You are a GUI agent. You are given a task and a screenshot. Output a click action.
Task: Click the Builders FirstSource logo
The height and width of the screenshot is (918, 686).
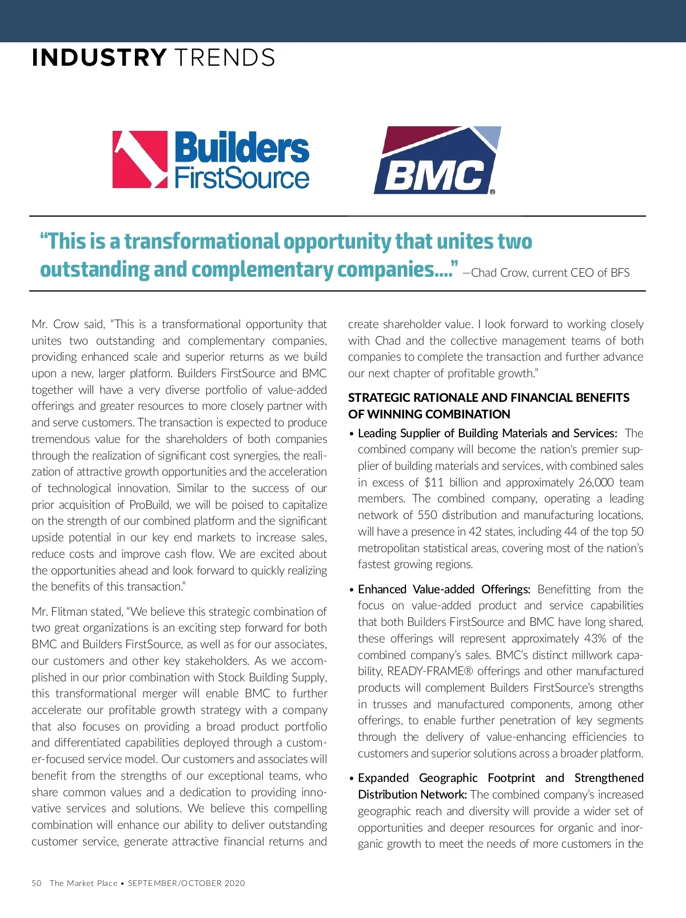[x=210, y=160]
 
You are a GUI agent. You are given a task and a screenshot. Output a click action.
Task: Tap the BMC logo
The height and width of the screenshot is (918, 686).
[x=437, y=161]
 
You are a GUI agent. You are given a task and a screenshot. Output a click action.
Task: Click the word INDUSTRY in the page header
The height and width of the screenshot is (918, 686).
[x=99, y=58]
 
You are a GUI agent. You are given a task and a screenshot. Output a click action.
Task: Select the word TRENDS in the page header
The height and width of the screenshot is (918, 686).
[x=225, y=58]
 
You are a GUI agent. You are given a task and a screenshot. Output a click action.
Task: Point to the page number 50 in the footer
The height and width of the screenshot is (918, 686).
[x=37, y=883]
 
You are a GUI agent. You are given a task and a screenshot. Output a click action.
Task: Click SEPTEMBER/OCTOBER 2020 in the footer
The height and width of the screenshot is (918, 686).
[x=186, y=883]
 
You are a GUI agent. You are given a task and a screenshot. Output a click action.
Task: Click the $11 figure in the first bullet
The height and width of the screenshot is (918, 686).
[x=434, y=482]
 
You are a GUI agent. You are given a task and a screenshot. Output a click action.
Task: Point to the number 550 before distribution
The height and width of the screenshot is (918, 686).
[x=427, y=515]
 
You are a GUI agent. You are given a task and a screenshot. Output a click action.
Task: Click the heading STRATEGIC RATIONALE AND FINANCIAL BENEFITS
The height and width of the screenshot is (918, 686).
[x=489, y=398]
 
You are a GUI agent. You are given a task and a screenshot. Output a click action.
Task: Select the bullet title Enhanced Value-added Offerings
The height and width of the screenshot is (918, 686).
[x=444, y=589]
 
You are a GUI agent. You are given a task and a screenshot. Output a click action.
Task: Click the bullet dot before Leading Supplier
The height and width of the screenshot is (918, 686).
[x=352, y=434]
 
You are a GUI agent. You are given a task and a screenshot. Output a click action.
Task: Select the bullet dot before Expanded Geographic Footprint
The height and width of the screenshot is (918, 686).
[x=352, y=779]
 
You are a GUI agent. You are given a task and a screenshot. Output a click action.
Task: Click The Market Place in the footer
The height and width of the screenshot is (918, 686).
[x=83, y=883]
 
